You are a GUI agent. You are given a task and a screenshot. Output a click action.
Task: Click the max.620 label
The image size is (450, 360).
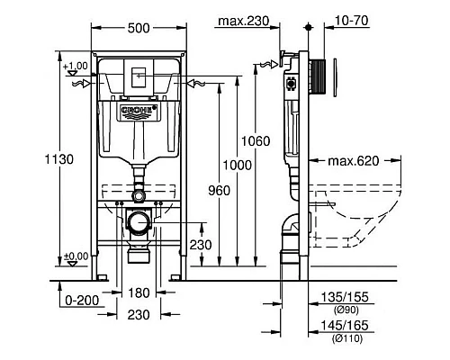click(x=346, y=161)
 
